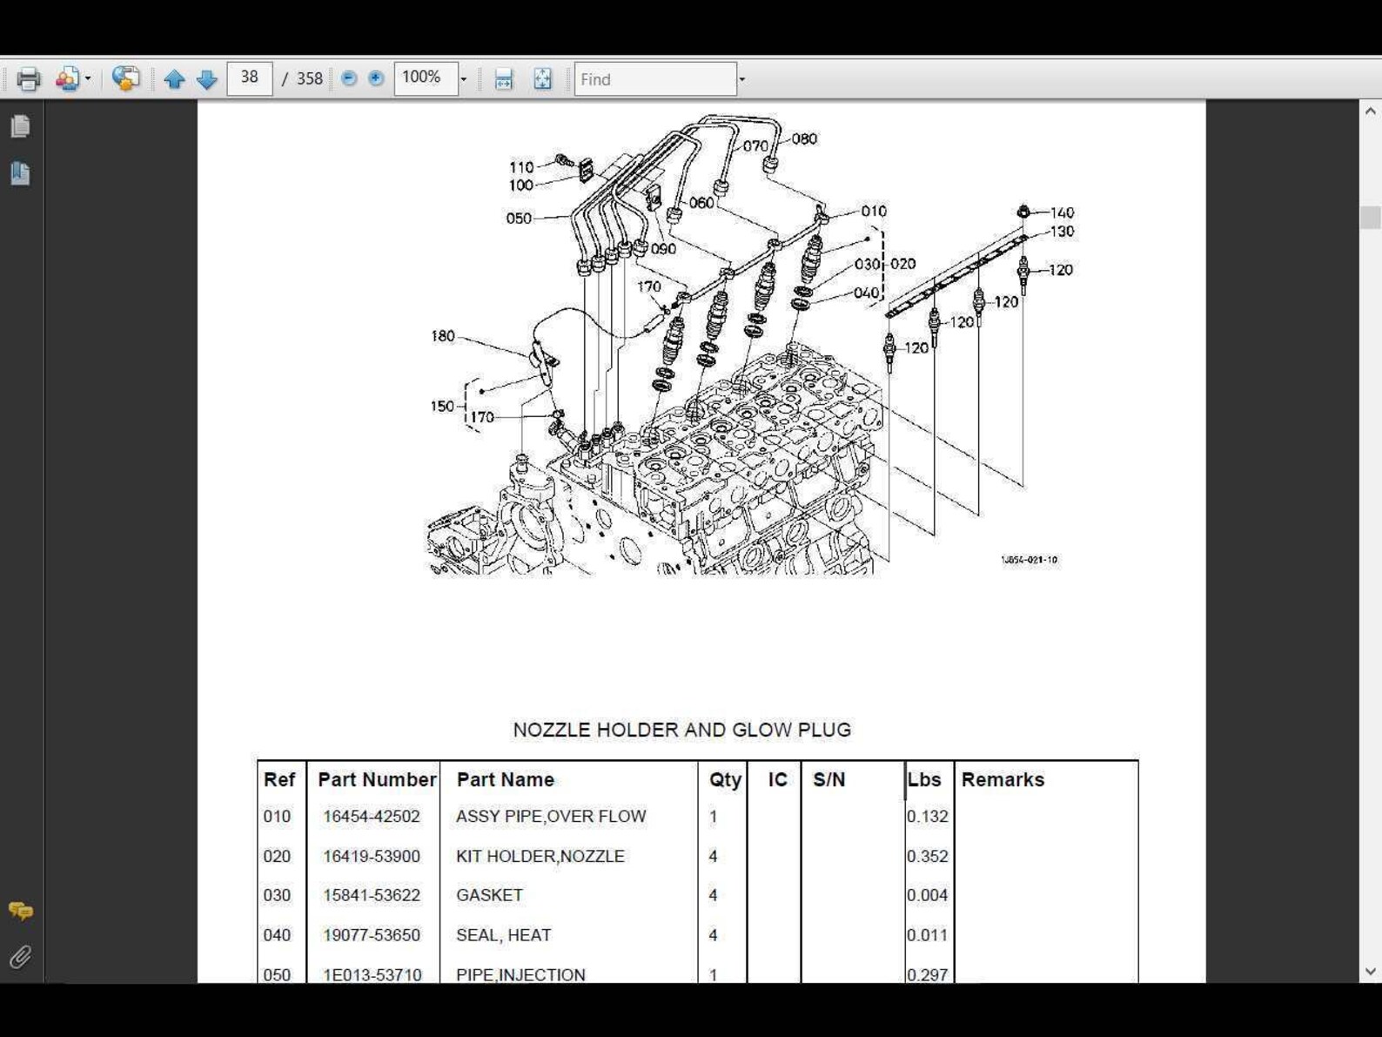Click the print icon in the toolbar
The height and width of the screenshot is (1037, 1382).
[28, 79]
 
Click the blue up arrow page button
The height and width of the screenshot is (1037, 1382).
[174, 79]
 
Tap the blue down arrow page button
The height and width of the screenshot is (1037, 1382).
[207, 79]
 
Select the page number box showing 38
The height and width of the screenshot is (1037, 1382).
[250, 78]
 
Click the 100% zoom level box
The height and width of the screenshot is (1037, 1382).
[426, 78]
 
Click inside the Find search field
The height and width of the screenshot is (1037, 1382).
[654, 79]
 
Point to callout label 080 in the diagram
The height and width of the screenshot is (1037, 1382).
[804, 138]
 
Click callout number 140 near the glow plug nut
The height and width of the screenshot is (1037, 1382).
[1062, 212]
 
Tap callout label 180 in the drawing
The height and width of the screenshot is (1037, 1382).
[443, 336]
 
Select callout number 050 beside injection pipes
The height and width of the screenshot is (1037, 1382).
[519, 219]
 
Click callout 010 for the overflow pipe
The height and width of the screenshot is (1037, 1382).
[873, 211]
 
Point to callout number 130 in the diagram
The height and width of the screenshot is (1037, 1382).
[1062, 232]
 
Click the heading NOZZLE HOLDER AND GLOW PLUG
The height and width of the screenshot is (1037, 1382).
[681, 730]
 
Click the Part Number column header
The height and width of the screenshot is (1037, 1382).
[376, 779]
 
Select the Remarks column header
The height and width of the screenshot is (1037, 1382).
[1003, 779]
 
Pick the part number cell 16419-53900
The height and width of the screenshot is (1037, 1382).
[372, 856]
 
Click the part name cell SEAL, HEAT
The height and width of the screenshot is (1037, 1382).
[503, 935]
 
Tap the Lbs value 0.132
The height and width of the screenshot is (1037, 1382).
[927, 817]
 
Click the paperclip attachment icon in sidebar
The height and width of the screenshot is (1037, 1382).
[20, 958]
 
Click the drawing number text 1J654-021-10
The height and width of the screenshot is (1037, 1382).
[1029, 560]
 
